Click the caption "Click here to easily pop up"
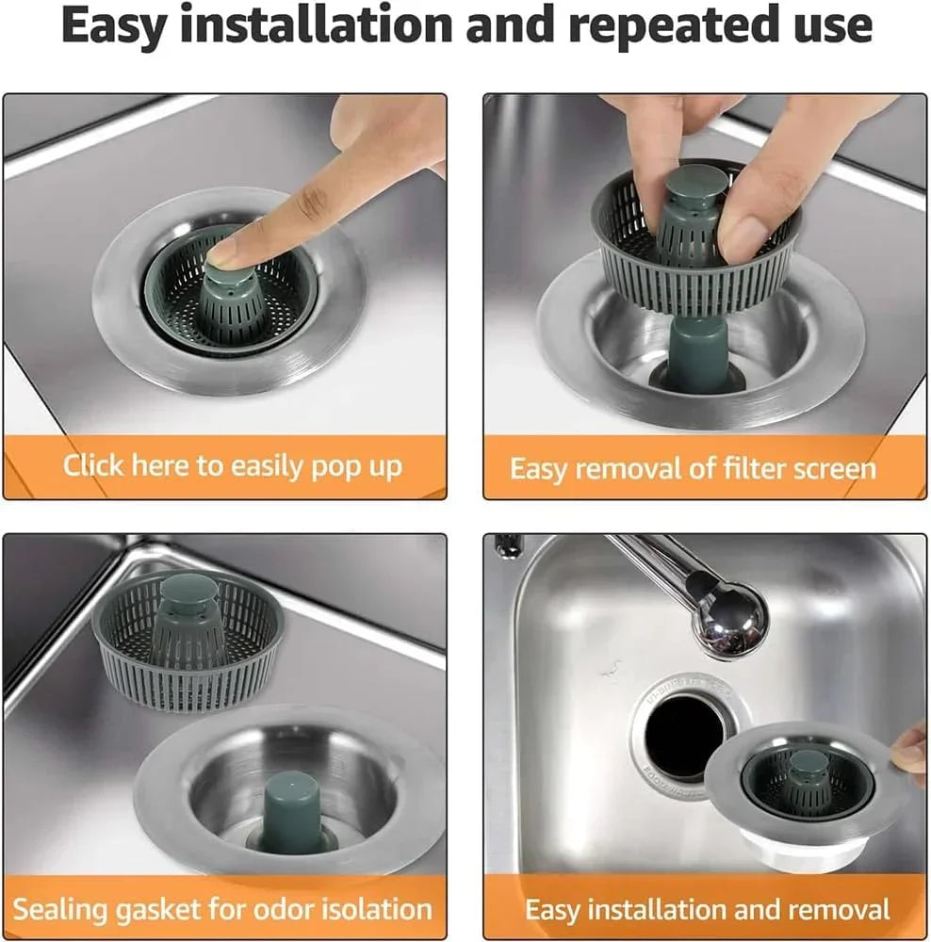pos(233,465)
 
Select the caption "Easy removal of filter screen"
pos(693,468)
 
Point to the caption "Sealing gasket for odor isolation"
pos(223,909)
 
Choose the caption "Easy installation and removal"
pos(707,909)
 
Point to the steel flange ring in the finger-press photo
pos(122,311)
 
